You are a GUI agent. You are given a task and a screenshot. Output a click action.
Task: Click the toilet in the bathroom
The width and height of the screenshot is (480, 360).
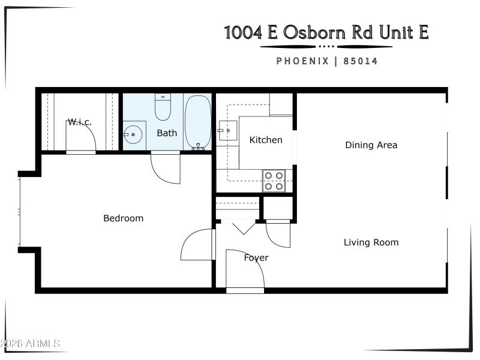pyautogui.click(x=163, y=107)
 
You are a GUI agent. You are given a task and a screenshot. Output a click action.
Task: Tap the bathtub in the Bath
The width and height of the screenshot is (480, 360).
pyautogui.click(x=197, y=122)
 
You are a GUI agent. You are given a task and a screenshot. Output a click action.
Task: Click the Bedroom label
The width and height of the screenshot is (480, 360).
pyautogui.click(x=123, y=218)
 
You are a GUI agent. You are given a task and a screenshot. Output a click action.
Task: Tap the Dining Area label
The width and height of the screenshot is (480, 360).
pyautogui.click(x=371, y=145)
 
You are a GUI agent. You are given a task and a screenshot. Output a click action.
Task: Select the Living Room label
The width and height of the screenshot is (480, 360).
pyautogui.click(x=371, y=242)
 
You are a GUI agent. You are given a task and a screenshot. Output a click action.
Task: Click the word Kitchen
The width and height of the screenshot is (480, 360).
pyautogui.click(x=266, y=140)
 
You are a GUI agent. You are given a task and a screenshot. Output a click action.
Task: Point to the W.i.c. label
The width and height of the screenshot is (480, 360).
pyautogui.click(x=79, y=122)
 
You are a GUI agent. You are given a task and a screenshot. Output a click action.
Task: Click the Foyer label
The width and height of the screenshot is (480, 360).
pyautogui.click(x=256, y=258)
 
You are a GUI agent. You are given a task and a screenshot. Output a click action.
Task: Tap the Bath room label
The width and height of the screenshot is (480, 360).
pyautogui.click(x=167, y=133)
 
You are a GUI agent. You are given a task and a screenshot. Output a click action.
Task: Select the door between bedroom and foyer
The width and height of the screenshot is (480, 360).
pyautogui.click(x=198, y=245)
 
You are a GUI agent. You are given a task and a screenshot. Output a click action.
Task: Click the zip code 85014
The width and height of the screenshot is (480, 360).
pyautogui.click(x=360, y=61)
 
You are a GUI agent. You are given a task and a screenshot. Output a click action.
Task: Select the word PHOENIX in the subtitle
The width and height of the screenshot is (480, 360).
pyautogui.click(x=302, y=61)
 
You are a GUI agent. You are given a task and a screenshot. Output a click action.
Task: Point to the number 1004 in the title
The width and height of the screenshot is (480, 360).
pyautogui.click(x=243, y=32)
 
